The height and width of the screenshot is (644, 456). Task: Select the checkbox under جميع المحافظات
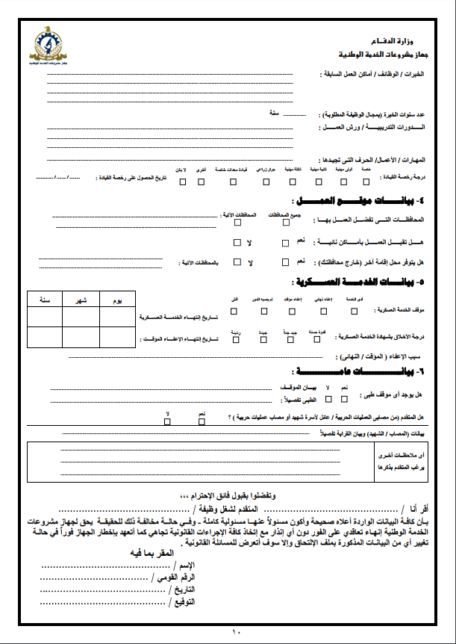pyautogui.click(x=286, y=223)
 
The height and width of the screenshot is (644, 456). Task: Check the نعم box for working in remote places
pyautogui.click(x=286, y=243)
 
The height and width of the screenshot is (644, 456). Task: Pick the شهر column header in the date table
pyautogui.click(x=80, y=299)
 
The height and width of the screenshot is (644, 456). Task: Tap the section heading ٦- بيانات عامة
pyautogui.click(x=351, y=371)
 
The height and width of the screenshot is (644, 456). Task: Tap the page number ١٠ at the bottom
pyautogui.click(x=237, y=631)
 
